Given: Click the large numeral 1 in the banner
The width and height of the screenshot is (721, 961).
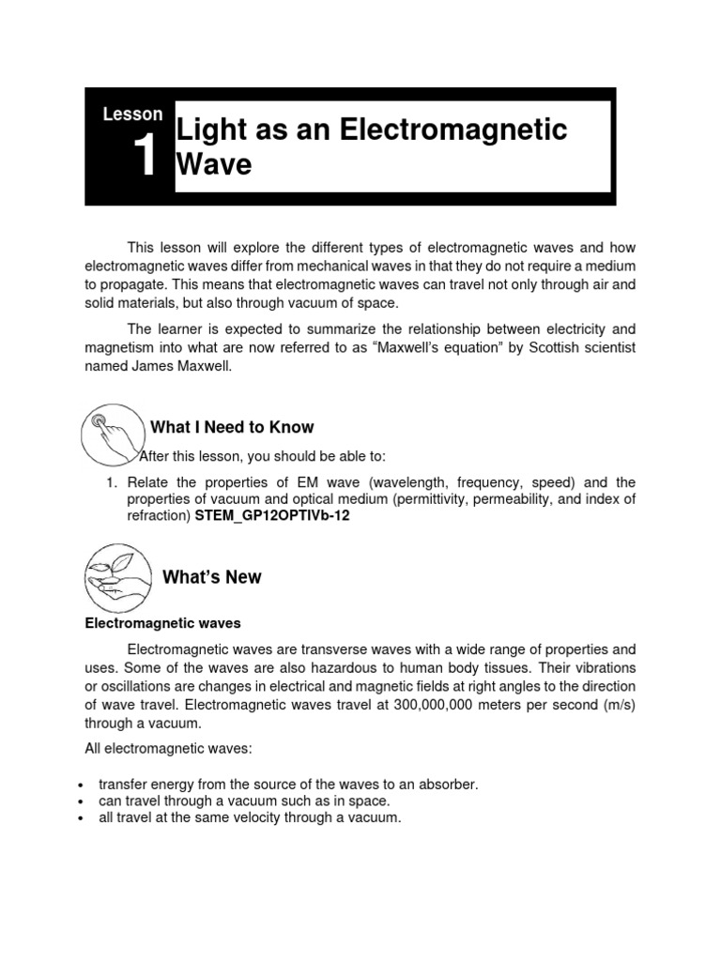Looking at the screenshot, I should [145, 157].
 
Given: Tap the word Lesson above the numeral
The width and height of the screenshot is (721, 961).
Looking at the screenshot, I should [132, 114].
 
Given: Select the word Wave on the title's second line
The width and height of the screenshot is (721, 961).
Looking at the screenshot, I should [214, 165].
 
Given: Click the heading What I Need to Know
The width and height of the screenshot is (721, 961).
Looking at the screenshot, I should [232, 428].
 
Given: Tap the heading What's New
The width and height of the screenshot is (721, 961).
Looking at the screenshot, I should [211, 577].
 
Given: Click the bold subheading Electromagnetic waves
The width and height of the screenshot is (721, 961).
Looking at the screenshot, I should [162, 623].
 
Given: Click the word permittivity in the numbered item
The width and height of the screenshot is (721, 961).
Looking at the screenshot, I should [407, 499].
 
